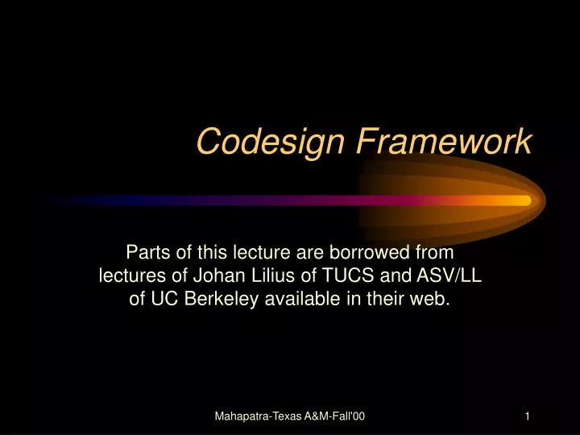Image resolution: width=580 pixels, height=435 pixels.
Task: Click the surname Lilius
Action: point(268,275)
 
